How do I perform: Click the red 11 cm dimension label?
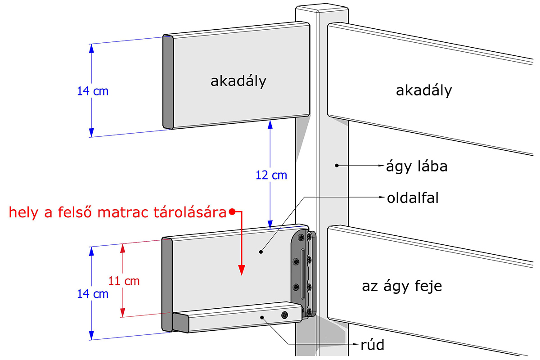(124, 281)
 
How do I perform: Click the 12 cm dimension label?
(271, 175)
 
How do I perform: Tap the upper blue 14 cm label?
(93, 91)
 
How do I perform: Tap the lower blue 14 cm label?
(93, 294)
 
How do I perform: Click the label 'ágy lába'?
(417, 166)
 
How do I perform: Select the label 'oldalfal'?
(413, 198)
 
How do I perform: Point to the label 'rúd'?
(373, 345)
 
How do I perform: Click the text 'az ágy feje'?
(402, 287)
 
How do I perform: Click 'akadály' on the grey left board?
(238, 81)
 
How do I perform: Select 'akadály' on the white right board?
(424, 91)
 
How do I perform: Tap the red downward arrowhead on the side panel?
(242, 270)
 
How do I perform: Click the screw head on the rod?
(285, 315)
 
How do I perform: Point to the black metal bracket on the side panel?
(303, 274)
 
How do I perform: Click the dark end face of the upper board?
(168, 82)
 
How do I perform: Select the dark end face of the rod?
(180, 323)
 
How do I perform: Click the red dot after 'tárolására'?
(232, 211)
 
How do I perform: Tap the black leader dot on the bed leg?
(337, 166)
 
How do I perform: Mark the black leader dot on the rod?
(262, 318)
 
